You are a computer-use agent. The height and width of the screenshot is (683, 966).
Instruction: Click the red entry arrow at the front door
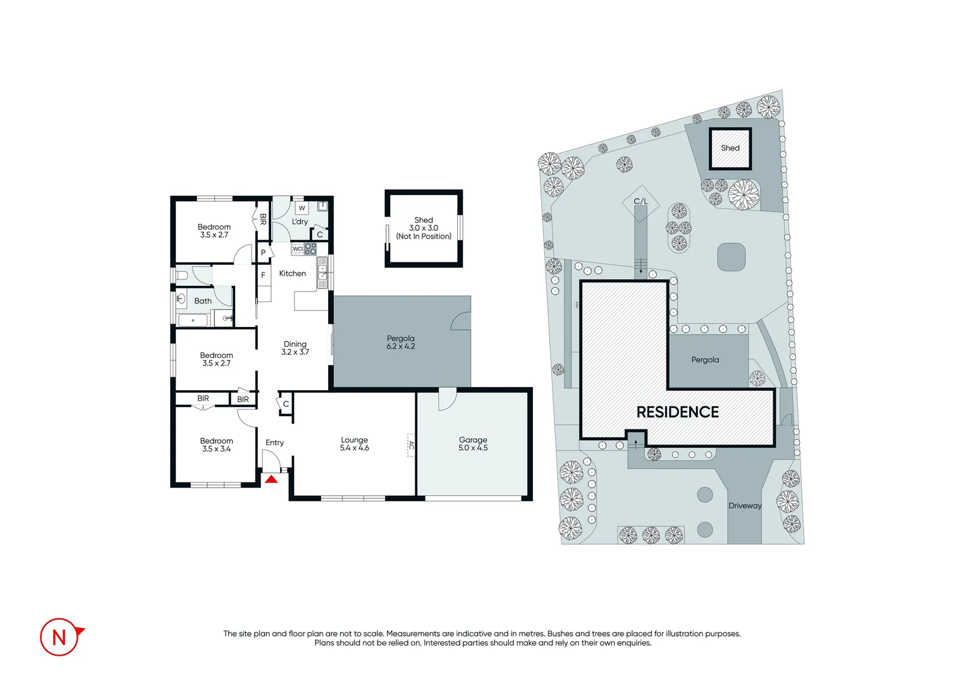tap(271, 479)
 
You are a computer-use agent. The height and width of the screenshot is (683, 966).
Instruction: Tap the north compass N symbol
tap(59, 637)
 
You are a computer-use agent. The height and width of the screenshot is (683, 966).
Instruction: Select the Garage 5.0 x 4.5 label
tap(473, 444)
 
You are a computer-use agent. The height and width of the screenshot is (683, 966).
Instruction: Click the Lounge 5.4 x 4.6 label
tap(354, 444)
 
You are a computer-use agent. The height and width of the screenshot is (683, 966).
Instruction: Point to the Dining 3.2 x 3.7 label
tap(295, 348)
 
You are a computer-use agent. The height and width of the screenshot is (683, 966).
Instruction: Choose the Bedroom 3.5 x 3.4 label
tap(216, 445)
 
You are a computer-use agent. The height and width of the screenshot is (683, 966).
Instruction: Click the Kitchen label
tap(292, 273)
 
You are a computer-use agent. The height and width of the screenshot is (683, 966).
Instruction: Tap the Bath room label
tap(203, 301)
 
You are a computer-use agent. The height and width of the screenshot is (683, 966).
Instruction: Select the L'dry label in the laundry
tap(300, 222)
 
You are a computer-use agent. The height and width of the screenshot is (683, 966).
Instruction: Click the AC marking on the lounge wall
tap(411, 445)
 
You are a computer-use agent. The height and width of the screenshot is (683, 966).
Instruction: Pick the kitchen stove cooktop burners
tap(310, 249)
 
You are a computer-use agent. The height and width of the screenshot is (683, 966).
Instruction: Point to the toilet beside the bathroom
tap(181, 276)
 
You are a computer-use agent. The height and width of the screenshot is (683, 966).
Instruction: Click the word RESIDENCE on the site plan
tap(677, 412)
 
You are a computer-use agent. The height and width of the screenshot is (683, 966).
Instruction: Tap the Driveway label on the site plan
tap(745, 505)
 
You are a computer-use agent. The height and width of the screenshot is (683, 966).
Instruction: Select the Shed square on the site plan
tap(730, 149)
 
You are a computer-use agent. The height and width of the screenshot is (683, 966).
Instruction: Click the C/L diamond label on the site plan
tap(640, 202)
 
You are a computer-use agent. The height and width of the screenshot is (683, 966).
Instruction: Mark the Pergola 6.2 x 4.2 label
tap(401, 342)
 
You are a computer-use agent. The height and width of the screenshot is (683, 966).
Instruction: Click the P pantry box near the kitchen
tap(264, 252)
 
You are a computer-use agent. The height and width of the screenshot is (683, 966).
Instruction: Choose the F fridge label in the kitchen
tap(264, 275)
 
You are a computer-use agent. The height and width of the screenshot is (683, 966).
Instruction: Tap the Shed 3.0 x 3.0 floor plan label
tap(424, 228)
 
